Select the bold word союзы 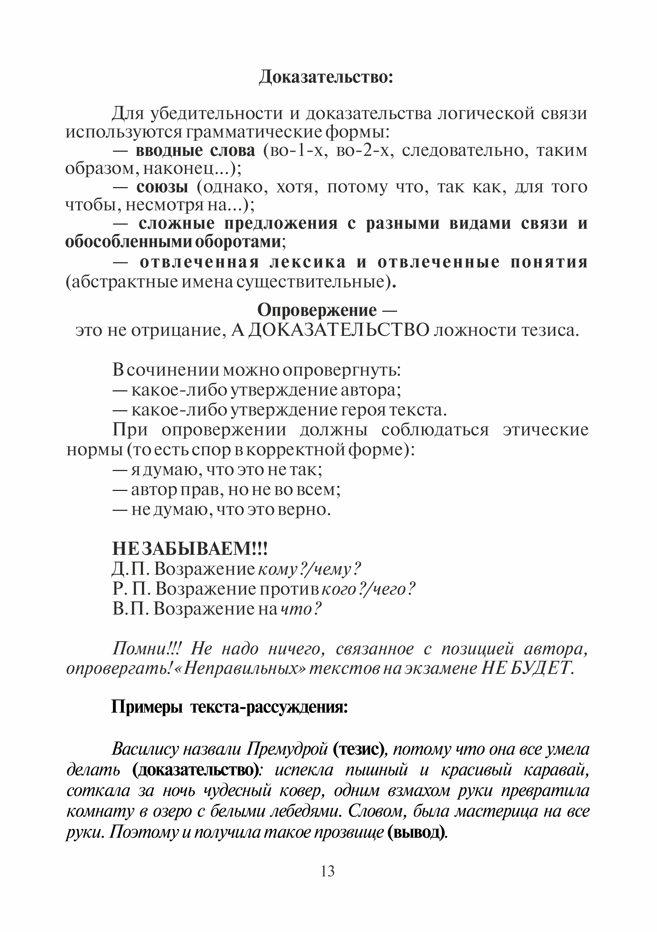click(162, 187)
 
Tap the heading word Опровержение click(317, 311)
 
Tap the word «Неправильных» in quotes click(245, 668)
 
